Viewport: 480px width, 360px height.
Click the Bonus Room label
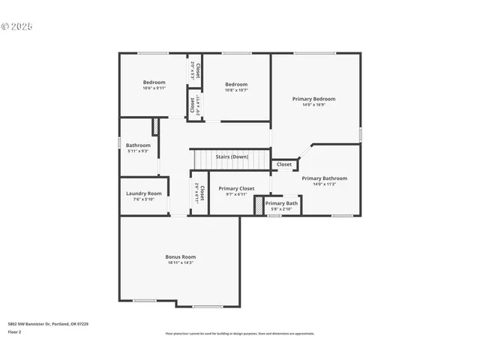pyautogui.click(x=180, y=256)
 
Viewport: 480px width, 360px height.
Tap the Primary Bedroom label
pyautogui.click(x=313, y=99)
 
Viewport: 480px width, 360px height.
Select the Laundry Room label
pyautogui.click(x=143, y=193)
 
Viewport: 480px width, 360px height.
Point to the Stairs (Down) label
pyautogui.click(x=232, y=157)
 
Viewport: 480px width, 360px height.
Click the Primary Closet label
pyautogui.click(x=236, y=188)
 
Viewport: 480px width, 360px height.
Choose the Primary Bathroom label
pyautogui.click(x=324, y=178)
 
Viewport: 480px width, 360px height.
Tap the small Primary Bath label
pyautogui.click(x=281, y=203)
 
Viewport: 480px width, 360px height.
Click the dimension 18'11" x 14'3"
pyautogui.click(x=180, y=262)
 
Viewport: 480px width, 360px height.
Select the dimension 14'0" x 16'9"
pyautogui.click(x=313, y=105)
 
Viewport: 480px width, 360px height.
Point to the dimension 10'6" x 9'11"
pyautogui.click(x=154, y=88)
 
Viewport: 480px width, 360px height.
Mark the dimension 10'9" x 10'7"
pyautogui.click(x=236, y=91)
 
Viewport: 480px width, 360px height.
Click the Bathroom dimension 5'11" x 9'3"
pyautogui.click(x=138, y=151)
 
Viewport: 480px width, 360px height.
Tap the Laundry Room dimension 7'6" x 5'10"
pyautogui.click(x=143, y=199)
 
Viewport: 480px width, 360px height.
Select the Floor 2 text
pyautogui.click(x=14, y=331)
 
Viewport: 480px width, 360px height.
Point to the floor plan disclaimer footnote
pyautogui.click(x=240, y=334)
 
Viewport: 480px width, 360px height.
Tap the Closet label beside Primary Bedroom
pyautogui.click(x=284, y=164)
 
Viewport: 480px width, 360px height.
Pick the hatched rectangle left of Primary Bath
pyautogui.click(x=259, y=207)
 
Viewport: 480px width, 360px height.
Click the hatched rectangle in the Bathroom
pyautogui.click(x=155, y=126)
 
